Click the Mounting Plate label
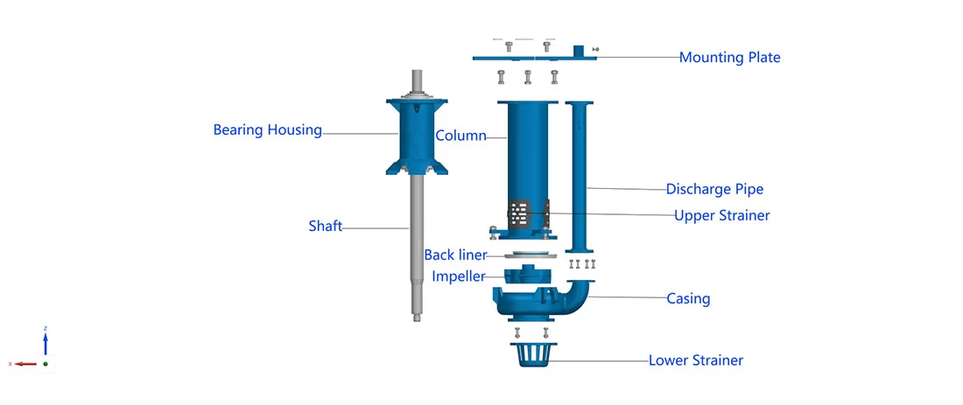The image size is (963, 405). [x=729, y=58]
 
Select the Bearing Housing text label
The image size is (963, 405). [x=267, y=130]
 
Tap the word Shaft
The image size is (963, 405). [x=325, y=227]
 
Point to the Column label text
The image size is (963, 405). [x=460, y=136]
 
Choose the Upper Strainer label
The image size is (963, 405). [x=721, y=215]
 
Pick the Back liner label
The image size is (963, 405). [x=455, y=255]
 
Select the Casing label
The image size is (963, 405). [x=688, y=298]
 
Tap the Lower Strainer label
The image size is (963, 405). [x=695, y=360]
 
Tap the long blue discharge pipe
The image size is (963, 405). [x=578, y=175]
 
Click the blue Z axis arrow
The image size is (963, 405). [x=46, y=342]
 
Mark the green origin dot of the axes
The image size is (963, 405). [x=46, y=363]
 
